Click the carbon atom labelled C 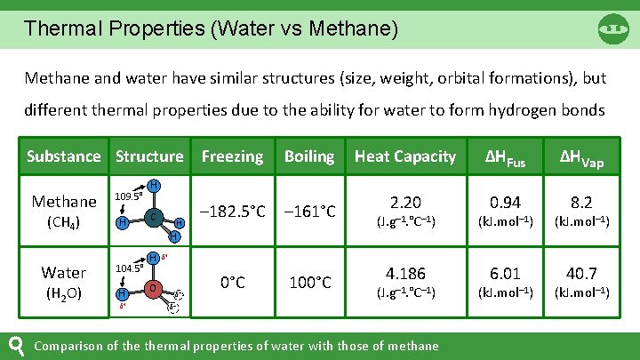coord(153,216)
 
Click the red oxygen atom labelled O coord(153,288)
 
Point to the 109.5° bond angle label coord(131,195)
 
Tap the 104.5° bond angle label coord(131,267)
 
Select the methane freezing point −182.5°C coord(232,211)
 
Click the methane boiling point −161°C coord(308,211)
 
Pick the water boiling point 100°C coord(309,283)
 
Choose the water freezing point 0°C coord(233,283)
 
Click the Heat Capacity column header coord(404,156)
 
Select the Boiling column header coord(308,156)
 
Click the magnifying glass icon coord(16,345)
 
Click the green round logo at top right coord(613,28)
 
